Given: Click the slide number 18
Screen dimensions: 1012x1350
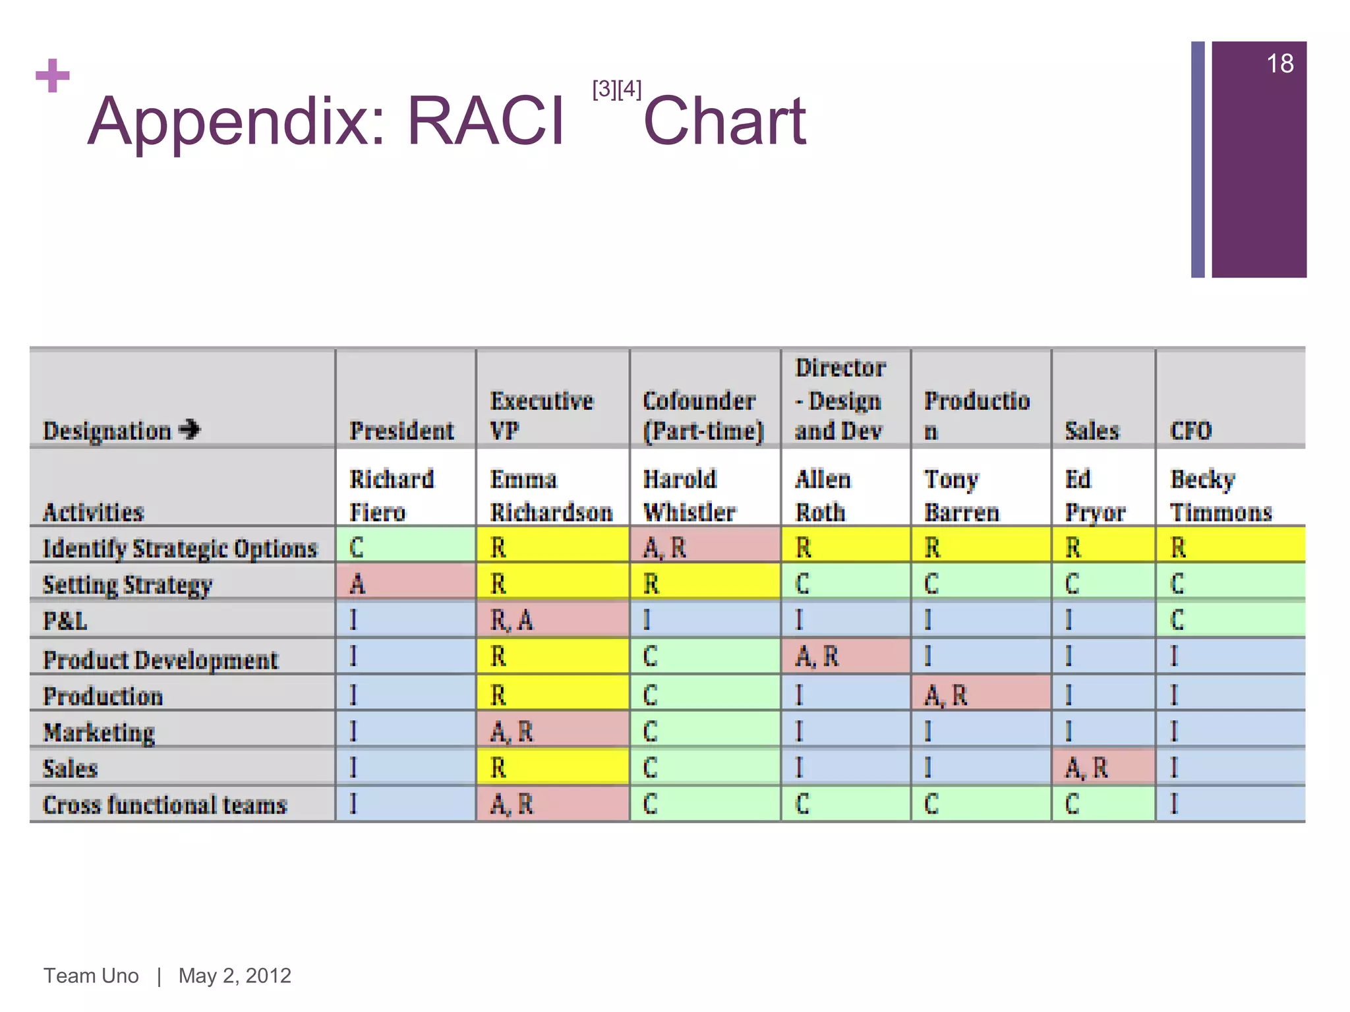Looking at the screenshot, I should (1279, 64).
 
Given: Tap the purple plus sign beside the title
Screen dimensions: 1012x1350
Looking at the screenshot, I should (53, 76).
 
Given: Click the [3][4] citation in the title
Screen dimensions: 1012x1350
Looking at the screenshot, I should (616, 88).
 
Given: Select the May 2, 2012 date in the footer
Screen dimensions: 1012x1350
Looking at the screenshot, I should (235, 975).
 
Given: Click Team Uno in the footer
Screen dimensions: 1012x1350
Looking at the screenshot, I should (91, 975).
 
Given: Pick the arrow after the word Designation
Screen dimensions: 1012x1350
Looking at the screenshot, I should (190, 430).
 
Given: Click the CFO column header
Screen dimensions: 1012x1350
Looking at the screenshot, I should (1190, 431).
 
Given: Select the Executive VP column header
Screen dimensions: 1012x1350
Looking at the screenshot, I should (542, 415).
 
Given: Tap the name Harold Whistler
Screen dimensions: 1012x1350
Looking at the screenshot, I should (689, 495).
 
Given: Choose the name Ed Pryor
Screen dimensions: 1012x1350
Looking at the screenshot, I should (1095, 495).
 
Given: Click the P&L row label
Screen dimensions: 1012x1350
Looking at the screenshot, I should (65, 621).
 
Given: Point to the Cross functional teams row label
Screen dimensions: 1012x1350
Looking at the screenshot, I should (165, 805).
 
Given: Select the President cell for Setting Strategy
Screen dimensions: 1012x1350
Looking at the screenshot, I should (405, 583).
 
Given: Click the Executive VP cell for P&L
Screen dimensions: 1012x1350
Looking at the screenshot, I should (552, 620).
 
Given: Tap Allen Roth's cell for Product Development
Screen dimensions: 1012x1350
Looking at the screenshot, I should (845, 656).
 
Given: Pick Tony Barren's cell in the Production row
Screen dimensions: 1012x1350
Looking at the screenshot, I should (980, 695).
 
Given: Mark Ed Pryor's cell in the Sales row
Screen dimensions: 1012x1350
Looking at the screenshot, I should (1103, 768).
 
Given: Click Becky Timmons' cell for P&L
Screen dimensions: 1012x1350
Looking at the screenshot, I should (1229, 620).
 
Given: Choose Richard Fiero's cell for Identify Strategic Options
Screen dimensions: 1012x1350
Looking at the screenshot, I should (405, 547).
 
